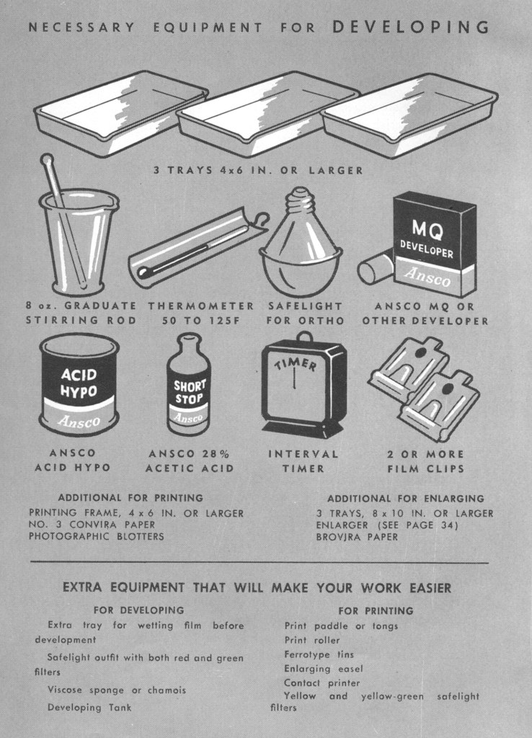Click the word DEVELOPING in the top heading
point(411,27)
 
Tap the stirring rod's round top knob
point(46,159)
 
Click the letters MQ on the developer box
point(427,229)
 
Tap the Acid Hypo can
point(79,384)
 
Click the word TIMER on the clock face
point(296,363)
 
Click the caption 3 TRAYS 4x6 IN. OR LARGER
point(259,170)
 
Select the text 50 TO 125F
point(201,321)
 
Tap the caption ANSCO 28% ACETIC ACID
point(190,461)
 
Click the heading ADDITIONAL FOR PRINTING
point(130,497)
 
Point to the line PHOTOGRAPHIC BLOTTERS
point(97,536)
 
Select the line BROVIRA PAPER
point(357,537)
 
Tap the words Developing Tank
point(89,708)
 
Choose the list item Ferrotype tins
point(319,654)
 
